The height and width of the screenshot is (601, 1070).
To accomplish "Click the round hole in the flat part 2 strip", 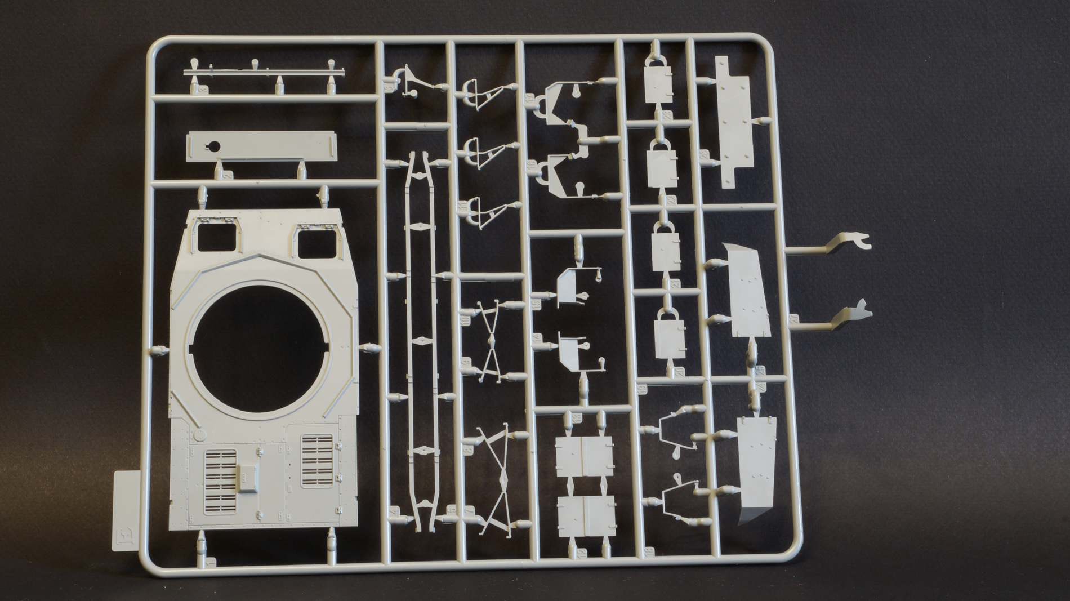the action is [x=213, y=146].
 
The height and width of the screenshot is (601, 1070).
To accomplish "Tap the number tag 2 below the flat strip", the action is [x=228, y=176].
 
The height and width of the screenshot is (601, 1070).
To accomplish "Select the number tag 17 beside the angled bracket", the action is [x=531, y=101].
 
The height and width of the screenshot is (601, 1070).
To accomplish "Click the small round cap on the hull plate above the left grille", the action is [x=199, y=435].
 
